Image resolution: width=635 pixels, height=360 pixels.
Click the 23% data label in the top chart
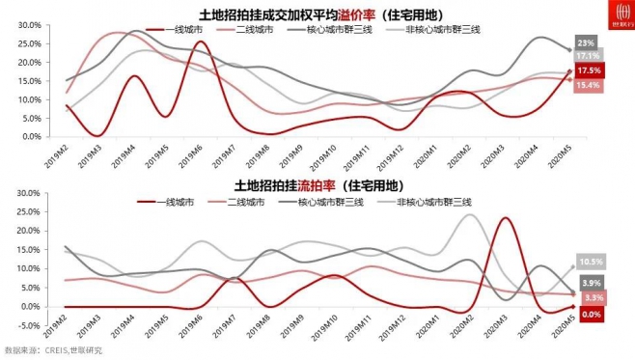[586, 43]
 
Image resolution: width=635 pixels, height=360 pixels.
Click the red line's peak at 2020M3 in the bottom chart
[504, 218]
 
